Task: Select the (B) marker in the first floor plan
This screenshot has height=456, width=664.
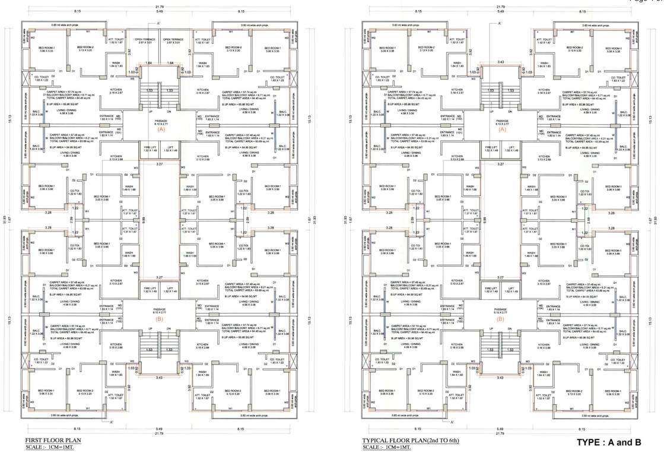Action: (159, 319)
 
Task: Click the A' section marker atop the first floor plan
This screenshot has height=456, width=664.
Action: (159, 23)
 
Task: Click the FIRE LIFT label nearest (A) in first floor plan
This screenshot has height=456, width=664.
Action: (149, 149)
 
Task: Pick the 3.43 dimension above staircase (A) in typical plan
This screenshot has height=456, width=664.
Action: (502, 62)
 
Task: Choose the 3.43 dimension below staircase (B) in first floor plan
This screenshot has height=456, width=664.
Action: (159, 378)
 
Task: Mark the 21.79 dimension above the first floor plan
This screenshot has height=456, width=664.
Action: (159, 5)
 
